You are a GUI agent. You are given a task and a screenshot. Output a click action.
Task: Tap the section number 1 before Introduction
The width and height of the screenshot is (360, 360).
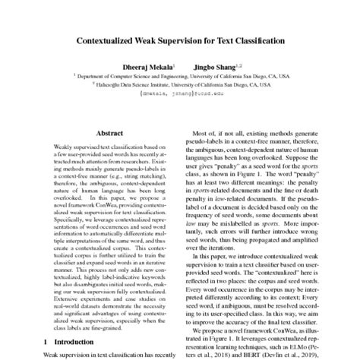[x=46, y=343]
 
